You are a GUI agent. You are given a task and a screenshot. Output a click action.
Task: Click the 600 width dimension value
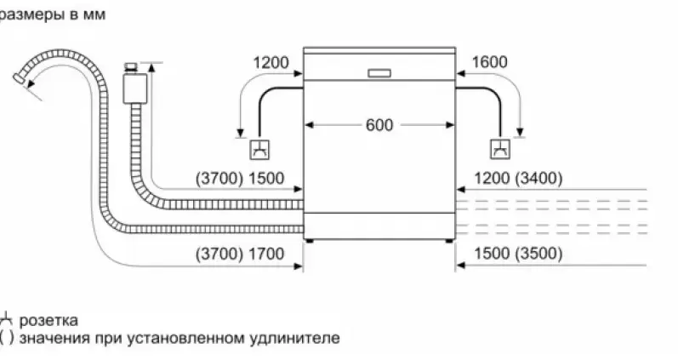point(379,124)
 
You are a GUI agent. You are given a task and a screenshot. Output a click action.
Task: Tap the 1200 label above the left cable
point(271,62)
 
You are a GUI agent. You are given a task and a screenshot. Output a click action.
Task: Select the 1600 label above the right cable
point(488,62)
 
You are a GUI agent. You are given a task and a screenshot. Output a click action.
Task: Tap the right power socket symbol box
point(500,151)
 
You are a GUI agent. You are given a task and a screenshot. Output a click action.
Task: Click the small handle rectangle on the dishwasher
point(379,73)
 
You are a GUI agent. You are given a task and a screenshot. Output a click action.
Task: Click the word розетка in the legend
point(48,320)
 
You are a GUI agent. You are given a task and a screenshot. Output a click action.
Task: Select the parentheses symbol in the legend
point(6,338)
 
